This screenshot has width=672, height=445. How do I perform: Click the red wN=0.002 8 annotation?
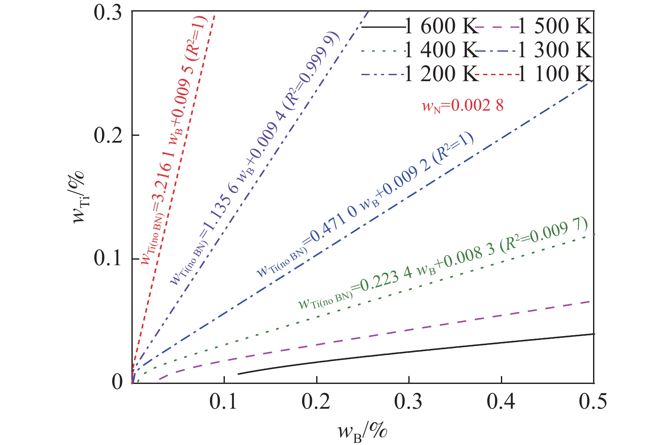pos(463,105)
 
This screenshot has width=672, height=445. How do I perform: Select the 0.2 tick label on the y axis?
pos(108,135)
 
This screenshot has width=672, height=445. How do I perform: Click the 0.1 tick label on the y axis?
pos(108,258)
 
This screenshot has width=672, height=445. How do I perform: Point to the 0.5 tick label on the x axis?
pos(593,402)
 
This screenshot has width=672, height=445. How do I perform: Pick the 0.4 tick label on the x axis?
pos(501,402)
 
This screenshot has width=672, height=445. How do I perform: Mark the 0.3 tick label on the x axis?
pos(409,402)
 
